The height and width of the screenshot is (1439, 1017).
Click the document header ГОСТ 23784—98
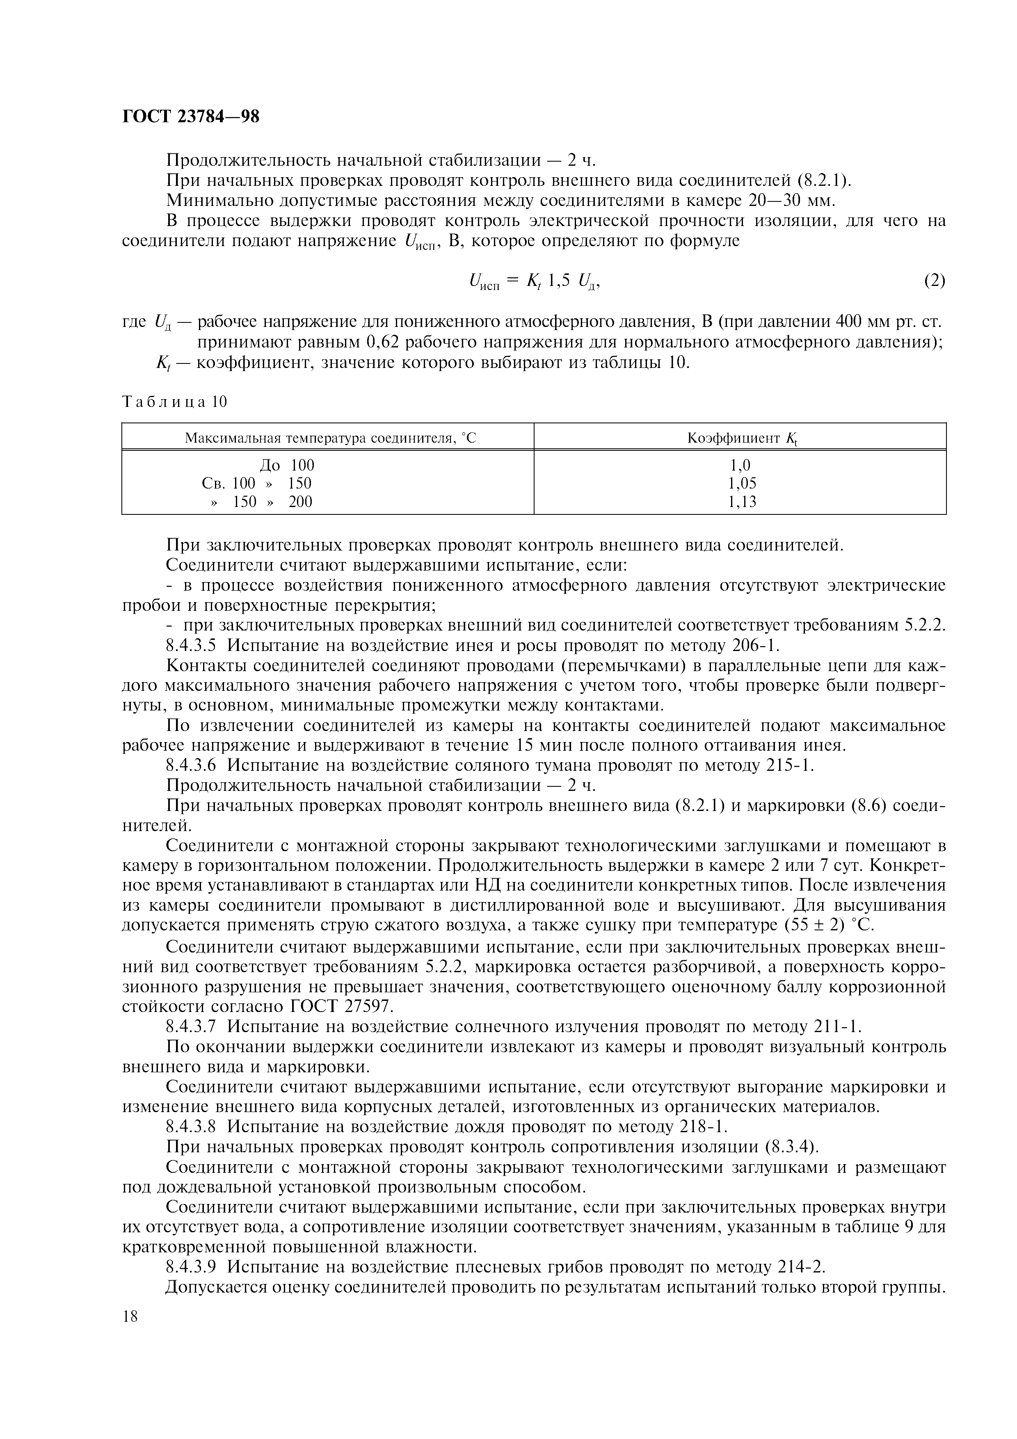(190, 116)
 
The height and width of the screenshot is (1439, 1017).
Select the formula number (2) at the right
(934, 280)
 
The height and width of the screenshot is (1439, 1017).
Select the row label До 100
(286, 465)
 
